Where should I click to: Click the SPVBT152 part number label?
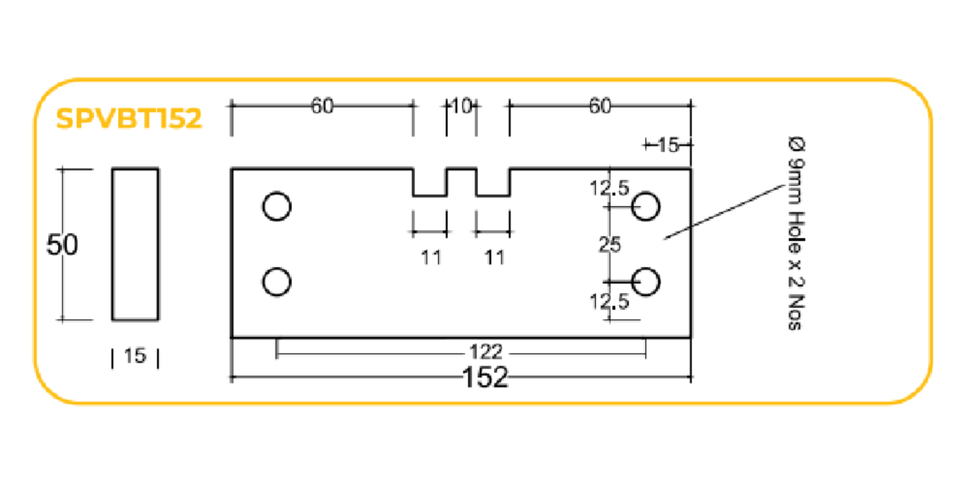pos(129,118)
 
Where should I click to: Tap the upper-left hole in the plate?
pos(277,207)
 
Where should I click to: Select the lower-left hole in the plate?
pos(277,282)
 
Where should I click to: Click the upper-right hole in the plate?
pos(646,207)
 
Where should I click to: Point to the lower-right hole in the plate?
pos(646,282)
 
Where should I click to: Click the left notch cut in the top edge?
pos(430,182)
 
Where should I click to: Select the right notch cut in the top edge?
pos(493,182)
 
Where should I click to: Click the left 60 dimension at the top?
pos(322,106)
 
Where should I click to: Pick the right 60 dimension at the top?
pos(600,106)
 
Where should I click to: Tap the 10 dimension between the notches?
pos(461,106)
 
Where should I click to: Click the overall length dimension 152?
pos(485,378)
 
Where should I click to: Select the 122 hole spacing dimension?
pos(485,352)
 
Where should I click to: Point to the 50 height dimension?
pos(62,245)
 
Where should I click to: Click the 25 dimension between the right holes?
pos(609,245)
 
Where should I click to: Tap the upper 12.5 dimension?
pos(609,189)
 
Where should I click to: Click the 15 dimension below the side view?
pos(135,356)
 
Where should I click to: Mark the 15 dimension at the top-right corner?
pos(668,145)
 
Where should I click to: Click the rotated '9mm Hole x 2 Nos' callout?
pos(797,233)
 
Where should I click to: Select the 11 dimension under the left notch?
pos(431,258)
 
